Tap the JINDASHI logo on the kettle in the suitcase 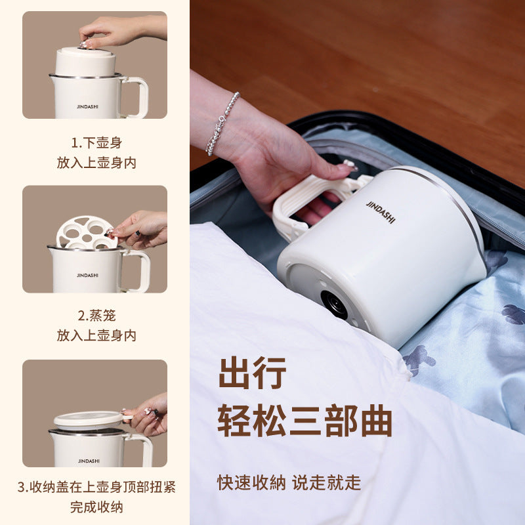pos(381,212)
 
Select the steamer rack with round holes pos(87,232)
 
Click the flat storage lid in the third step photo pos(89,420)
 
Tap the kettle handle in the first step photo pos(135,96)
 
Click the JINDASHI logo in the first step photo pos(87,106)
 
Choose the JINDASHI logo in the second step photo pos(87,275)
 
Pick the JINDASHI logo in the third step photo pos(89,461)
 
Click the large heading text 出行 pos(253,373)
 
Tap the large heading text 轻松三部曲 pos(304,420)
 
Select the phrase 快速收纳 pos(251,483)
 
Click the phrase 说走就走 pos(326,483)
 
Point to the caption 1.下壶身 pos(96,143)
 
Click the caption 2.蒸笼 pos(96,316)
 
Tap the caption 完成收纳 pos(96,507)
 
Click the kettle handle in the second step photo pos(138,270)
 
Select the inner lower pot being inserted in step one pos(85,62)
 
